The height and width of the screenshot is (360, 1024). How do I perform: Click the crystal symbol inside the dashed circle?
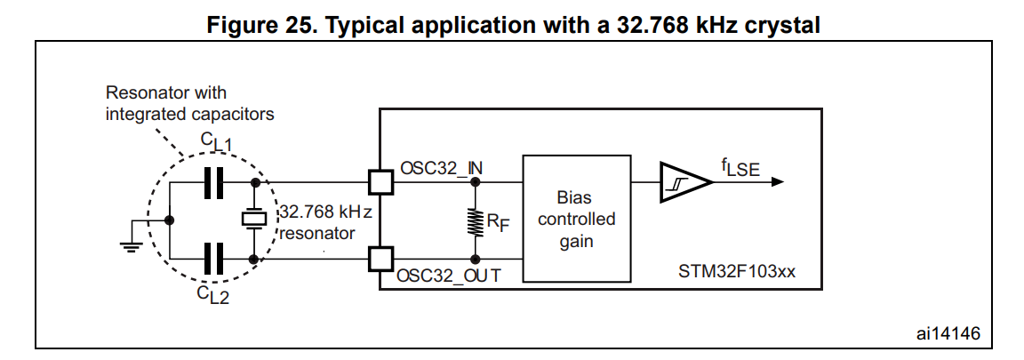[x=255, y=219]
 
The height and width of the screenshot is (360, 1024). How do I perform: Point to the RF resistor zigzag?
[x=474, y=220]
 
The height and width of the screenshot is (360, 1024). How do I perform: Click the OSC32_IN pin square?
[x=380, y=182]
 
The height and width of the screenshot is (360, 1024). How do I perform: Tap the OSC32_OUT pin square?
[x=380, y=259]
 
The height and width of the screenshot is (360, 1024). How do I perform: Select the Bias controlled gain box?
[x=576, y=219]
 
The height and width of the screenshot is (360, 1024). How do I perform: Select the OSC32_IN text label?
[x=442, y=167]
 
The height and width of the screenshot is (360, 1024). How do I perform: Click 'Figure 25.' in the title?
[x=255, y=26]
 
